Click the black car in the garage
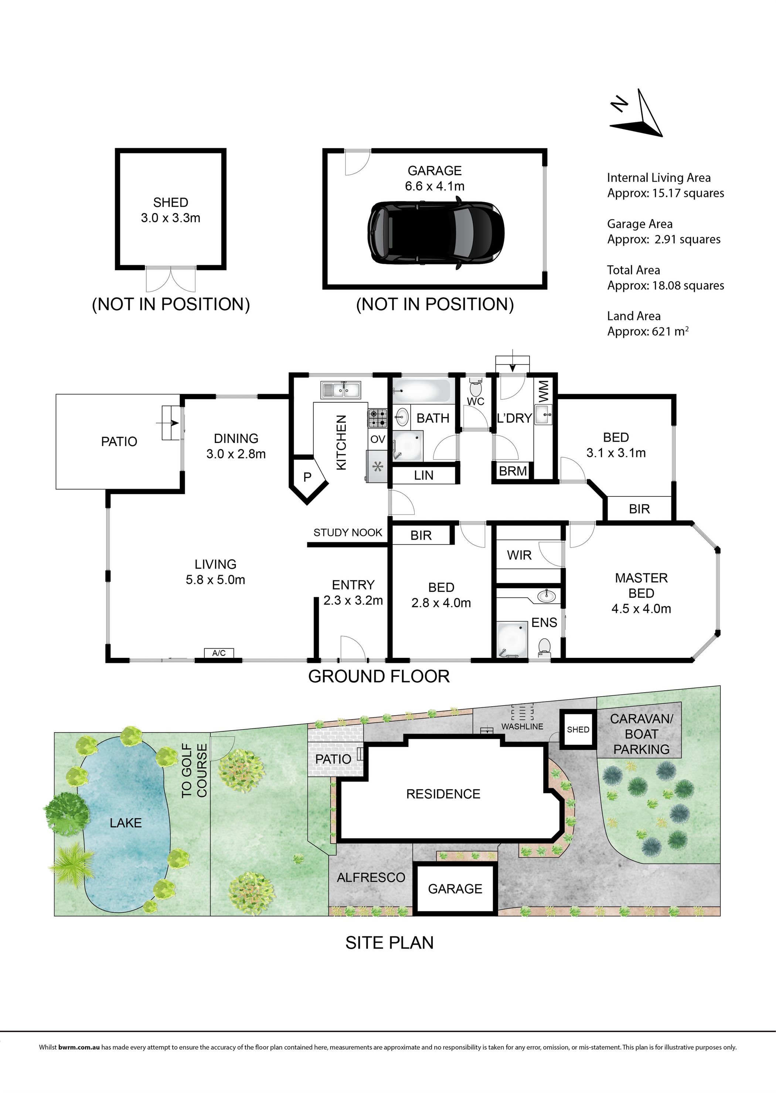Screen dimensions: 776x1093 pyautogui.click(x=436, y=233)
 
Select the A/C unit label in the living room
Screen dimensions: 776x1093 pyautogui.click(x=219, y=653)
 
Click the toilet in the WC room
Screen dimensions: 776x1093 pyautogui.click(x=475, y=386)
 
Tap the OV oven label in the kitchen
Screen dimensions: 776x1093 pyautogui.click(x=378, y=439)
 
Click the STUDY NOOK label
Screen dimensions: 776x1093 pyautogui.click(x=348, y=533)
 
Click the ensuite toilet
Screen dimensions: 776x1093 pyautogui.click(x=544, y=647)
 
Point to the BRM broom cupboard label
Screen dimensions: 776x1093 pyautogui.click(x=513, y=471)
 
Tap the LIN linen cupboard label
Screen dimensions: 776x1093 pyautogui.click(x=424, y=475)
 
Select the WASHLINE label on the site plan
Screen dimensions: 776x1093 pyautogui.click(x=522, y=727)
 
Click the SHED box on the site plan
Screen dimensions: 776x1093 pyautogui.click(x=578, y=730)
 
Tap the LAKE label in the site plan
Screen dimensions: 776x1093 pyautogui.click(x=126, y=823)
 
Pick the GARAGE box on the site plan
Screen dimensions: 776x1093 pyautogui.click(x=455, y=888)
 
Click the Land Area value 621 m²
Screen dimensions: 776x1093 pyautogui.click(x=670, y=331)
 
